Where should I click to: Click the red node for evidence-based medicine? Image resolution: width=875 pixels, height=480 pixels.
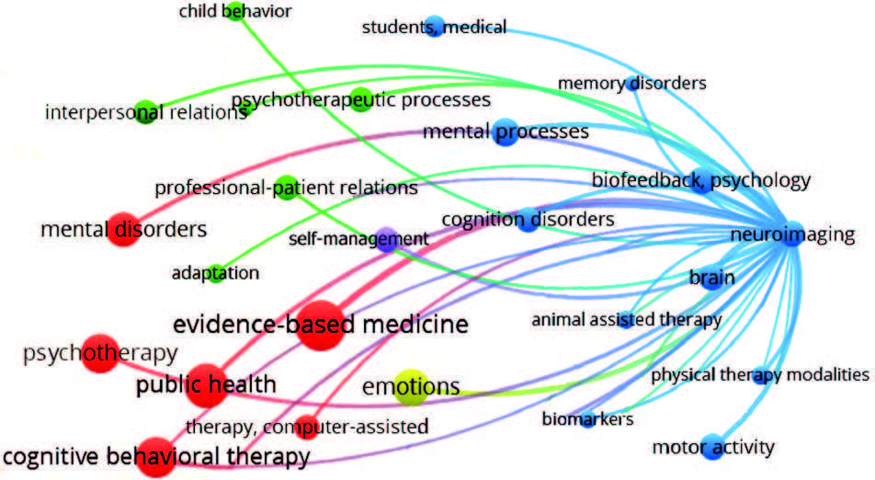pyautogui.click(x=320, y=325)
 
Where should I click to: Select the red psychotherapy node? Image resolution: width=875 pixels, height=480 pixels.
pyautogui.click(x=98, y=352)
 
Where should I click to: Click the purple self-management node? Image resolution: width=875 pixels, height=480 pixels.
pyautogui.click(x=387, y=240)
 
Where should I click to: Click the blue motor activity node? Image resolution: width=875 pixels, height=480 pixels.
pyautogui.click(x=711, y=448)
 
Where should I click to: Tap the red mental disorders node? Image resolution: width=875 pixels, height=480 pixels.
pyautogui.click(x=124, y=229)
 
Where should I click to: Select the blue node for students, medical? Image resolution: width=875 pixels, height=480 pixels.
pyautogui.click(x=435, y=27)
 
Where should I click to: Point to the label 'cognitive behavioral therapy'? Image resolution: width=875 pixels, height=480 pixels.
pyautogui.click(x=155, y=456)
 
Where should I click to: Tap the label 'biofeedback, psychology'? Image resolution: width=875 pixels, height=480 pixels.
pyautogui.click(x=701, y=179)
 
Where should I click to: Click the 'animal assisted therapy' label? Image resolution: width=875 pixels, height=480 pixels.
pyautogui.click(x=626, y=320)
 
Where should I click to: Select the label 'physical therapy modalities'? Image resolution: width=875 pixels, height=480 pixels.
pyautogui.click(x=759, y=374)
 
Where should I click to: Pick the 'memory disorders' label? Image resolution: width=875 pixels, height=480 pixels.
pyautogui.click(x=632, y=84)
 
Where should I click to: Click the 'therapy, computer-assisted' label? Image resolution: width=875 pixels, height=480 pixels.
pyautogui.click(x=307, y=426)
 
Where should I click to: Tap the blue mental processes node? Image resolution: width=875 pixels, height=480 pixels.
pyautogui.click(x=505, y=132)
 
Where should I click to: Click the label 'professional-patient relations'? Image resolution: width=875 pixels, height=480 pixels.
pyautogui.click(x=286, y=188)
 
